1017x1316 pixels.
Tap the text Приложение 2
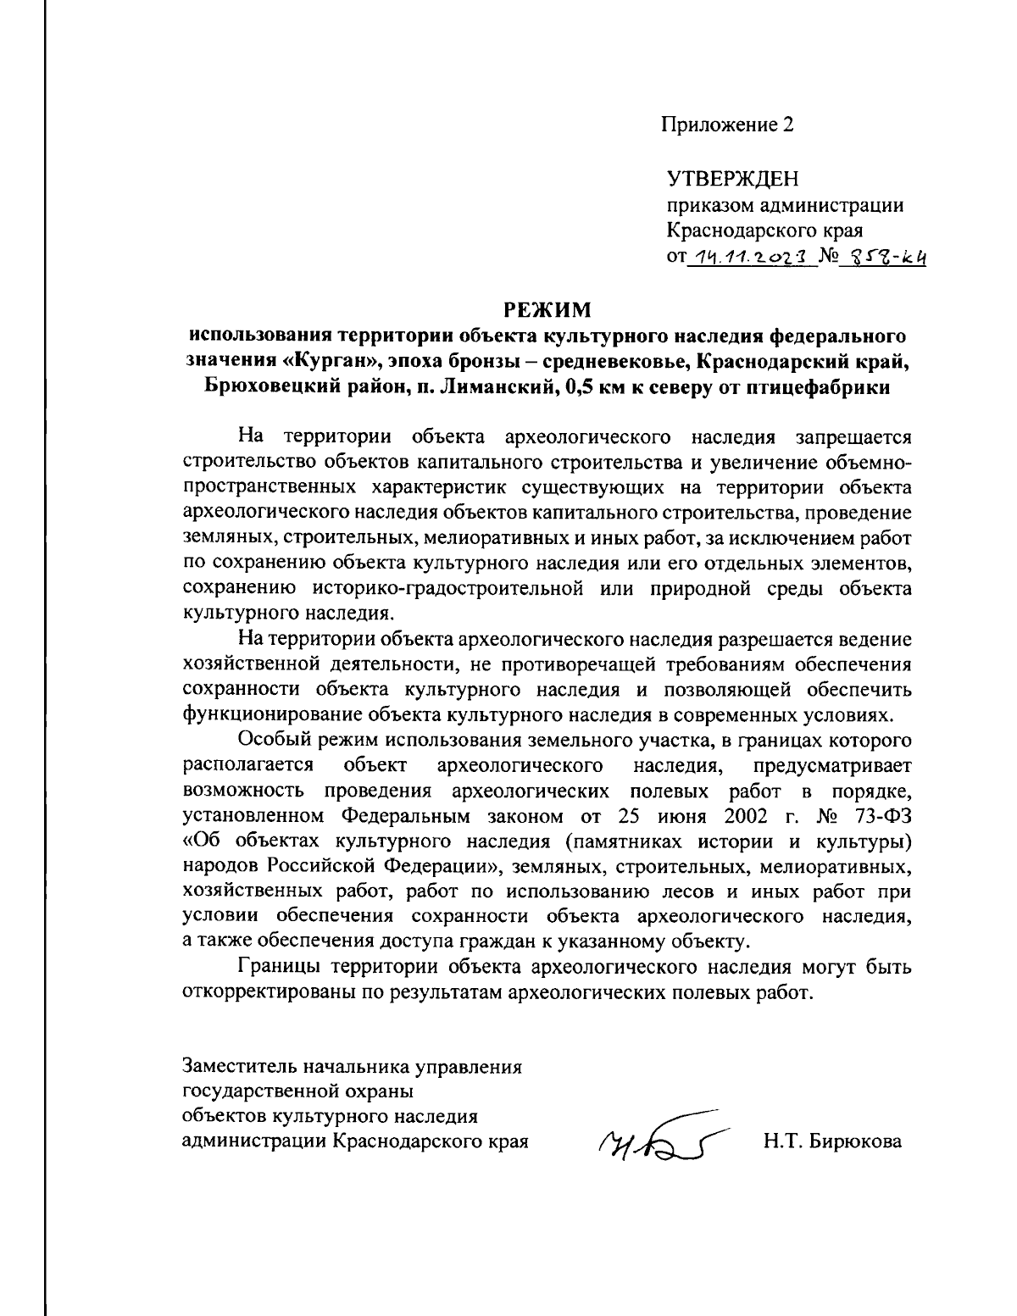point(728,125)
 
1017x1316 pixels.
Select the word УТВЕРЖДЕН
point(733,180)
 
